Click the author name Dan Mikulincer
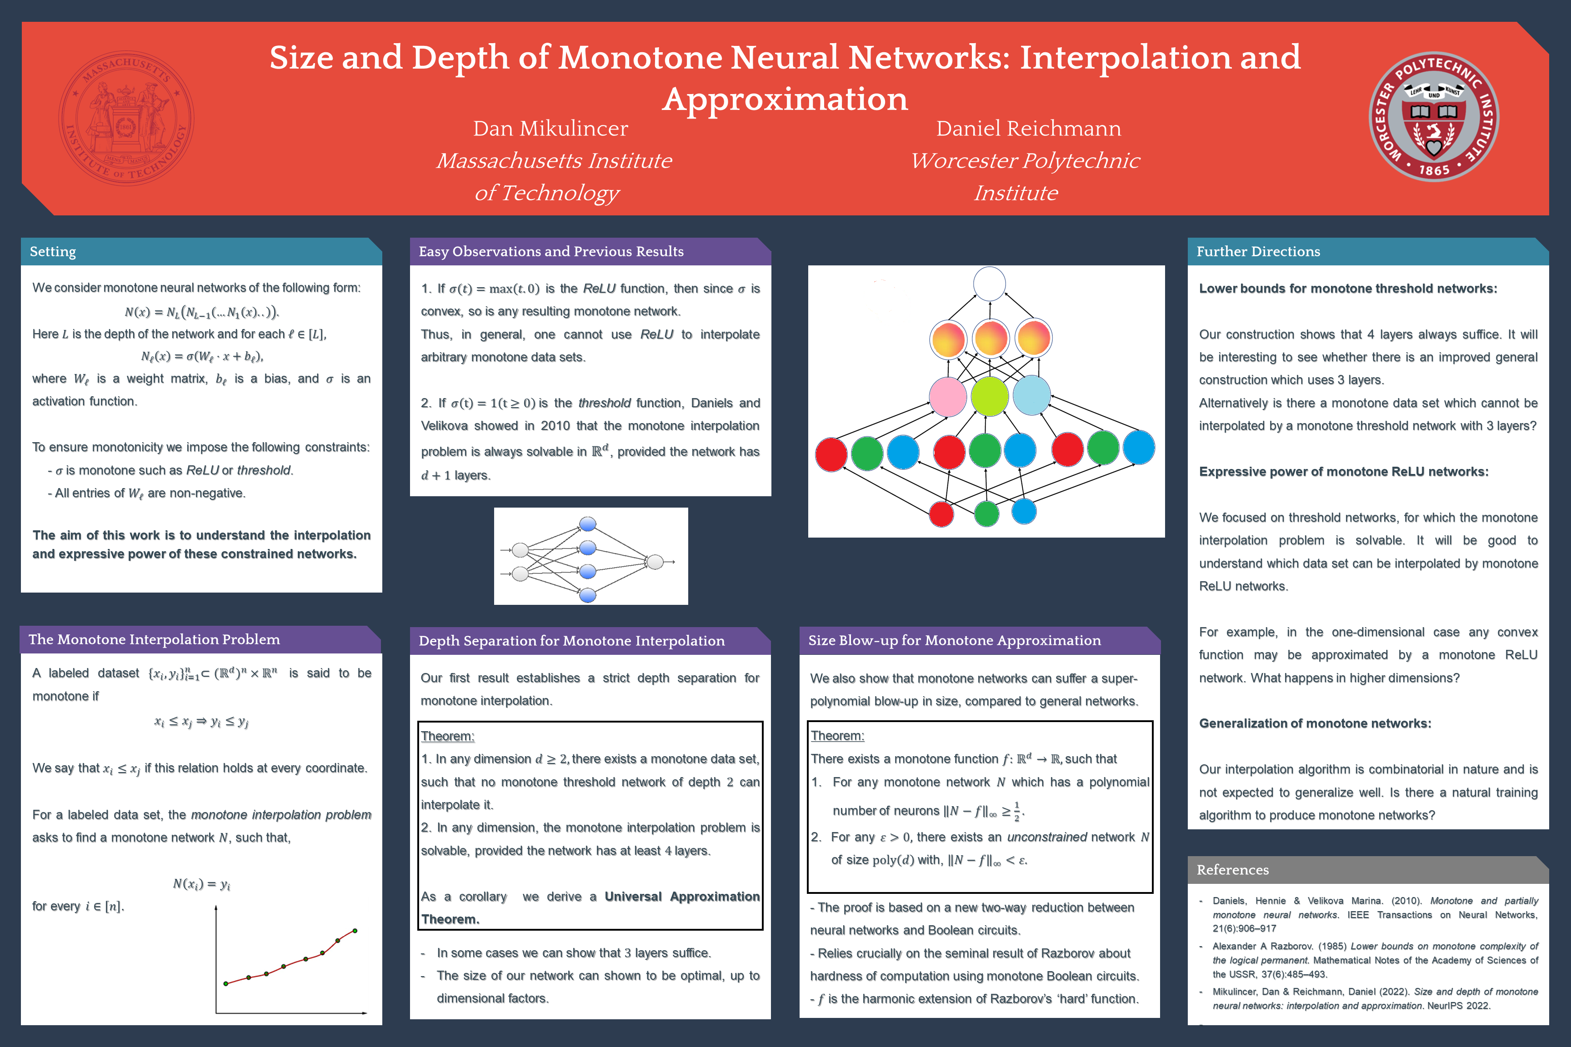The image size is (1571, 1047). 550,128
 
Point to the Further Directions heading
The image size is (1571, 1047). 1258,252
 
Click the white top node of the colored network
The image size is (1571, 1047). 989,284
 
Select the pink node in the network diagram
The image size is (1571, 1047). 947,396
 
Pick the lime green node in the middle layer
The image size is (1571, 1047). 989,396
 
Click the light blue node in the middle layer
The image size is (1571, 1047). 1031,394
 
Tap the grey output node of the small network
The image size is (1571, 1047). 655,562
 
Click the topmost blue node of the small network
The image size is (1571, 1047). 588,524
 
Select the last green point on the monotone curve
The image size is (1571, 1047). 355,930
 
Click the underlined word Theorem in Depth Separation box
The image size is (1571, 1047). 447,736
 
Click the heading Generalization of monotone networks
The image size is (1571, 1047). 1315,723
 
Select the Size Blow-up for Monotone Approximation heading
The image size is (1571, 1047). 954,640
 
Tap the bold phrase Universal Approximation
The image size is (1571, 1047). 682,896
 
